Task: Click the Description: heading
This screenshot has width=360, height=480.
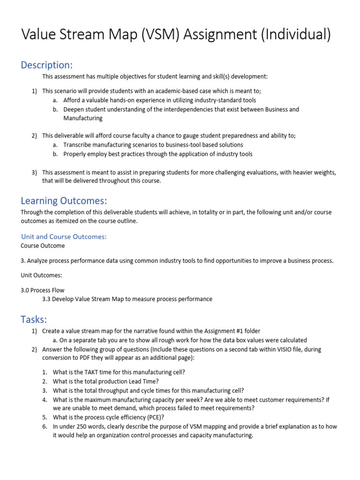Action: coord(47,65)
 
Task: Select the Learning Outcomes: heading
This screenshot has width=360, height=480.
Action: coord(64,201)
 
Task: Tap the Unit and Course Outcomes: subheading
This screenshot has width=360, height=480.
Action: coord(64,237)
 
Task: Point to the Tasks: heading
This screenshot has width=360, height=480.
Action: coord(34,320)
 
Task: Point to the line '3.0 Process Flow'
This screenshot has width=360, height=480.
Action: coord(43,290)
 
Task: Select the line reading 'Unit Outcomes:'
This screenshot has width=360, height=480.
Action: coord(41,275)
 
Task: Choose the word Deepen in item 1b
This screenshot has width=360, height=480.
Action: coord(74,110)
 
